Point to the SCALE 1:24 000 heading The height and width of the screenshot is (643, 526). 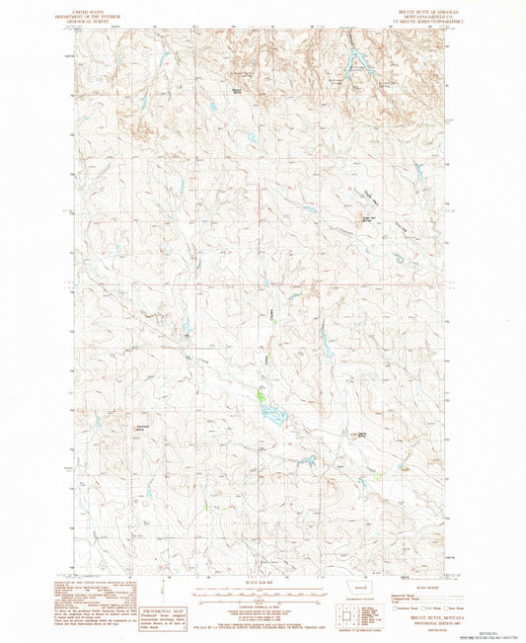(x=263, y=581)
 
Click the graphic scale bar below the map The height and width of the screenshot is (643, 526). (x=263, y=590)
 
